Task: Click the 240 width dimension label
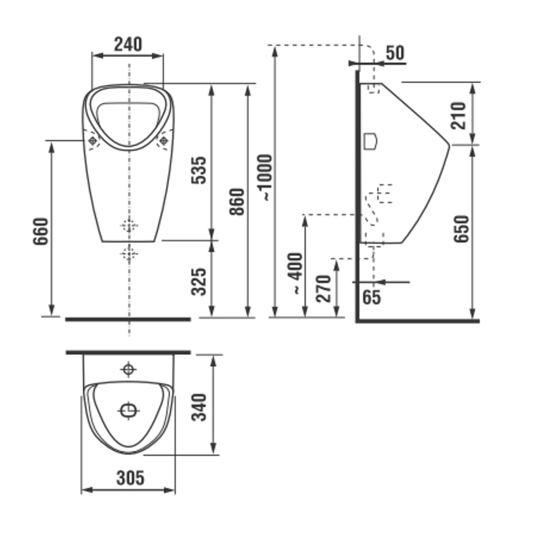(128, 44)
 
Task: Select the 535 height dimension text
(199, 170)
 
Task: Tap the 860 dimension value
(237, 202)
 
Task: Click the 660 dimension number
(41, 231)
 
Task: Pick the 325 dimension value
(199, 282)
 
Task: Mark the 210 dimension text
(459, 116)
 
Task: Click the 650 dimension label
(461, 229)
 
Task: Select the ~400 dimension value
(296, 273)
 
